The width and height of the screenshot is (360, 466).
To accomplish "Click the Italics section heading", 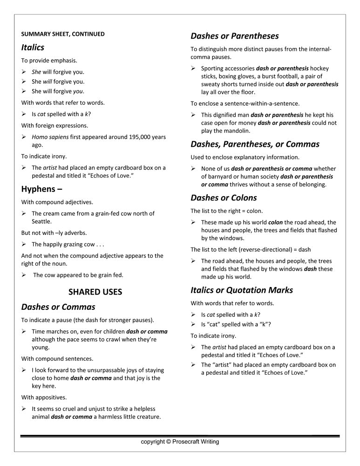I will (33, 48).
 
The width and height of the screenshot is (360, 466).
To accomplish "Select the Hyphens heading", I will (42, 189).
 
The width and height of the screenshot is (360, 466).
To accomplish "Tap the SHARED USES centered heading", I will (95, 292).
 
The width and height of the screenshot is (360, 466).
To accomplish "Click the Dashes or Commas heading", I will (58, 307).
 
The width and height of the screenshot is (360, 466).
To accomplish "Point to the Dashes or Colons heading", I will (224, 198).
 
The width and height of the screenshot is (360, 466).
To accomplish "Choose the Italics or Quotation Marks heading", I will (242, 290).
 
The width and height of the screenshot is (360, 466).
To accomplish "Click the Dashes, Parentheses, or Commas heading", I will (255, 144).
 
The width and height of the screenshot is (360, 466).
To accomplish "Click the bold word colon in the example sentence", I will (275, 222).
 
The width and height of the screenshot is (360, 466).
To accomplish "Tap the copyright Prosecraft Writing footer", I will (180, 442).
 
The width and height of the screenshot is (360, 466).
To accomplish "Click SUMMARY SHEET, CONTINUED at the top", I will (63, 34).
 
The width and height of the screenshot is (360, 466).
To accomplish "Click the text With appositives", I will (44, 397).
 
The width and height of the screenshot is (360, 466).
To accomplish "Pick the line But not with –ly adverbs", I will (54, 233).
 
